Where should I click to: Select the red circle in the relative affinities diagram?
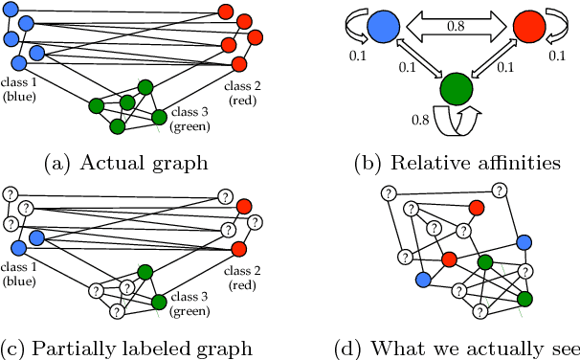[x=528, y=25]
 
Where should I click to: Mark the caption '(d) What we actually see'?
[x=457, y=347]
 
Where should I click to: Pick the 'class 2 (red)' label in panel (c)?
[x=241, y=279]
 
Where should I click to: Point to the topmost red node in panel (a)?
[x=225, y=12]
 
